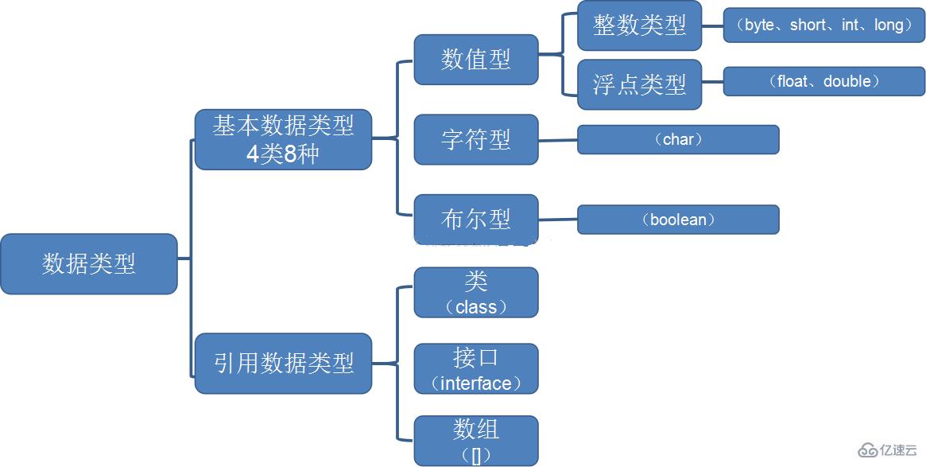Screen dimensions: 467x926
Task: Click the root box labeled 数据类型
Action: (x=88, y=263)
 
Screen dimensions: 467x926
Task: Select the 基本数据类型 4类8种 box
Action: (x=283, y=139)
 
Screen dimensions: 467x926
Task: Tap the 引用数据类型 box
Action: (x=283, y=363)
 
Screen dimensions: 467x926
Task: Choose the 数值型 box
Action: (x=476, y=59)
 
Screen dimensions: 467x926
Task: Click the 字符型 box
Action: (x=476, y=139)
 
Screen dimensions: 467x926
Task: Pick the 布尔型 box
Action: (x=476, y=219)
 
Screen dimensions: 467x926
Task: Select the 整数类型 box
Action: (x=639, y=25)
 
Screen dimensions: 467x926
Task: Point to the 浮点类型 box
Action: (x=639, y=84)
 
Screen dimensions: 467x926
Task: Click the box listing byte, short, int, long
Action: (x=824, y=25)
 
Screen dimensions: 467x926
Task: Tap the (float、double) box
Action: (x=824, y=81)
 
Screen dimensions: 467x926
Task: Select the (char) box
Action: (x=678, y=139)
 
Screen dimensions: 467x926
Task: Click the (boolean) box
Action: (x=678, y=220)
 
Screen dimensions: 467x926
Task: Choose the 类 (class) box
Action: (x=476, y=293)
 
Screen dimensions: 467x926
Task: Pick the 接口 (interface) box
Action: (x=476, y=369)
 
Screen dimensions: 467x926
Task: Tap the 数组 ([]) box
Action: (x=476, y=441)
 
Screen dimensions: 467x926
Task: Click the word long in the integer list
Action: (x=889, y=25)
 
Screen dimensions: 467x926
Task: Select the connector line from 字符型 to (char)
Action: (x=558, y=140)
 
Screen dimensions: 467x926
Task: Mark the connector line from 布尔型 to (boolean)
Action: (x=558, y=220)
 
